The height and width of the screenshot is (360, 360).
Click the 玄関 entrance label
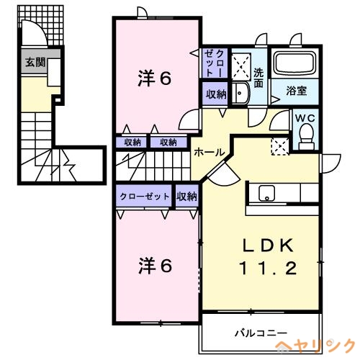tap(35, 61)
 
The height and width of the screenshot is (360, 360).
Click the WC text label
tap(305, 117)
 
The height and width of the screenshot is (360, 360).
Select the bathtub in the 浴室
tap(297, 66)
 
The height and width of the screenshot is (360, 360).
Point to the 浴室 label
tap(297, 91)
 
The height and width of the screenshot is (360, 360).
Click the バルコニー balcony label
tap(262, 333)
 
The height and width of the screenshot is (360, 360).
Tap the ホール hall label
tap(207, 153)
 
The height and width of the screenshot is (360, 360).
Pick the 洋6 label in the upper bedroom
tap(154, 78)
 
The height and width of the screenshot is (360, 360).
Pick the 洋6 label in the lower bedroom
tap(154, 266)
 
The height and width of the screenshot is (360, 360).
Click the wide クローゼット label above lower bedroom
tap(145, 196)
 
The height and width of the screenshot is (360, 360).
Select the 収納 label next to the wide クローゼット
tap(186, 196)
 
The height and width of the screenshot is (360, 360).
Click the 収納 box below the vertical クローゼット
tap(215, 94)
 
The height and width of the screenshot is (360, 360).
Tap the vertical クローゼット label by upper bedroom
tap(214, 62)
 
